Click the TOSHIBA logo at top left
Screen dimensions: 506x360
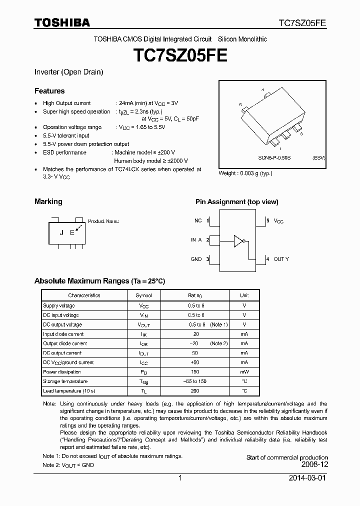click(62, 22)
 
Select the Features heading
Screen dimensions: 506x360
click(49, 91)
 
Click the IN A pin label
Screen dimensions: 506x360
click(196, 240)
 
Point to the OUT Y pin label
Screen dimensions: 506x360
click(281, 259)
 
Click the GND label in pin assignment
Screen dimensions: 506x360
click(196, 259)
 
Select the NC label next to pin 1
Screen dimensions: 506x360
click(198, 220)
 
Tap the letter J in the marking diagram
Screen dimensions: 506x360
click(61, 232)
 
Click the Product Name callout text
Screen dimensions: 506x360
click(103, 221)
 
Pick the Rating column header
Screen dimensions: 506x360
click(195, 295)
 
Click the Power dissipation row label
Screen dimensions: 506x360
click(62, 372)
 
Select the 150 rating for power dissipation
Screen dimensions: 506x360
click(195, 372)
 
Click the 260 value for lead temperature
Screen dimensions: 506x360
click(195, 390)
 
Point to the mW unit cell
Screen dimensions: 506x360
click(244, 372)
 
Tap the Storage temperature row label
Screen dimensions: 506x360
click(65, 381)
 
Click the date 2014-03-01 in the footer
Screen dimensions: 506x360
click(308, 478)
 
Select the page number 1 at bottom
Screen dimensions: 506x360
click(180, 478)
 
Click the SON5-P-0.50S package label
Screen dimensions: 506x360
click(274, 157)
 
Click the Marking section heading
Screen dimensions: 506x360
click(48, 201)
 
